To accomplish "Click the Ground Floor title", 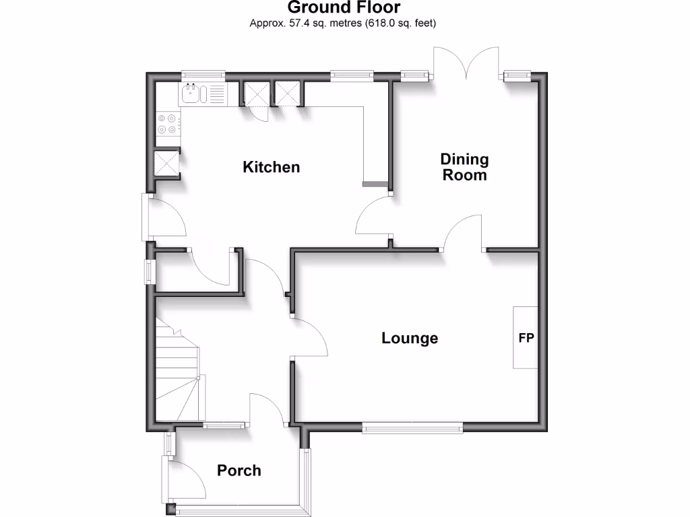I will (x=344, y=8).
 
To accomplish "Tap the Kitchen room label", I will (x=271, y=167).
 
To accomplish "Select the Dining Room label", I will (x=464, y=167).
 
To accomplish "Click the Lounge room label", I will (x=410, y=338).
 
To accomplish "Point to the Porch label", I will (x=239, y=471).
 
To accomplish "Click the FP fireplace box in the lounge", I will (x=526, y=337).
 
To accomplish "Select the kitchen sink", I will (x=193, y=94).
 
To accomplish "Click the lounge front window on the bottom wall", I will (x=412, y=427).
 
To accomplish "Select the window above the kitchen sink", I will (x=203, y=75).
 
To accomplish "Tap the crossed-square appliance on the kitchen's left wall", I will (x=165, y=163).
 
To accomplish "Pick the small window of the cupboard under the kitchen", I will (x=151, y=272).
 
